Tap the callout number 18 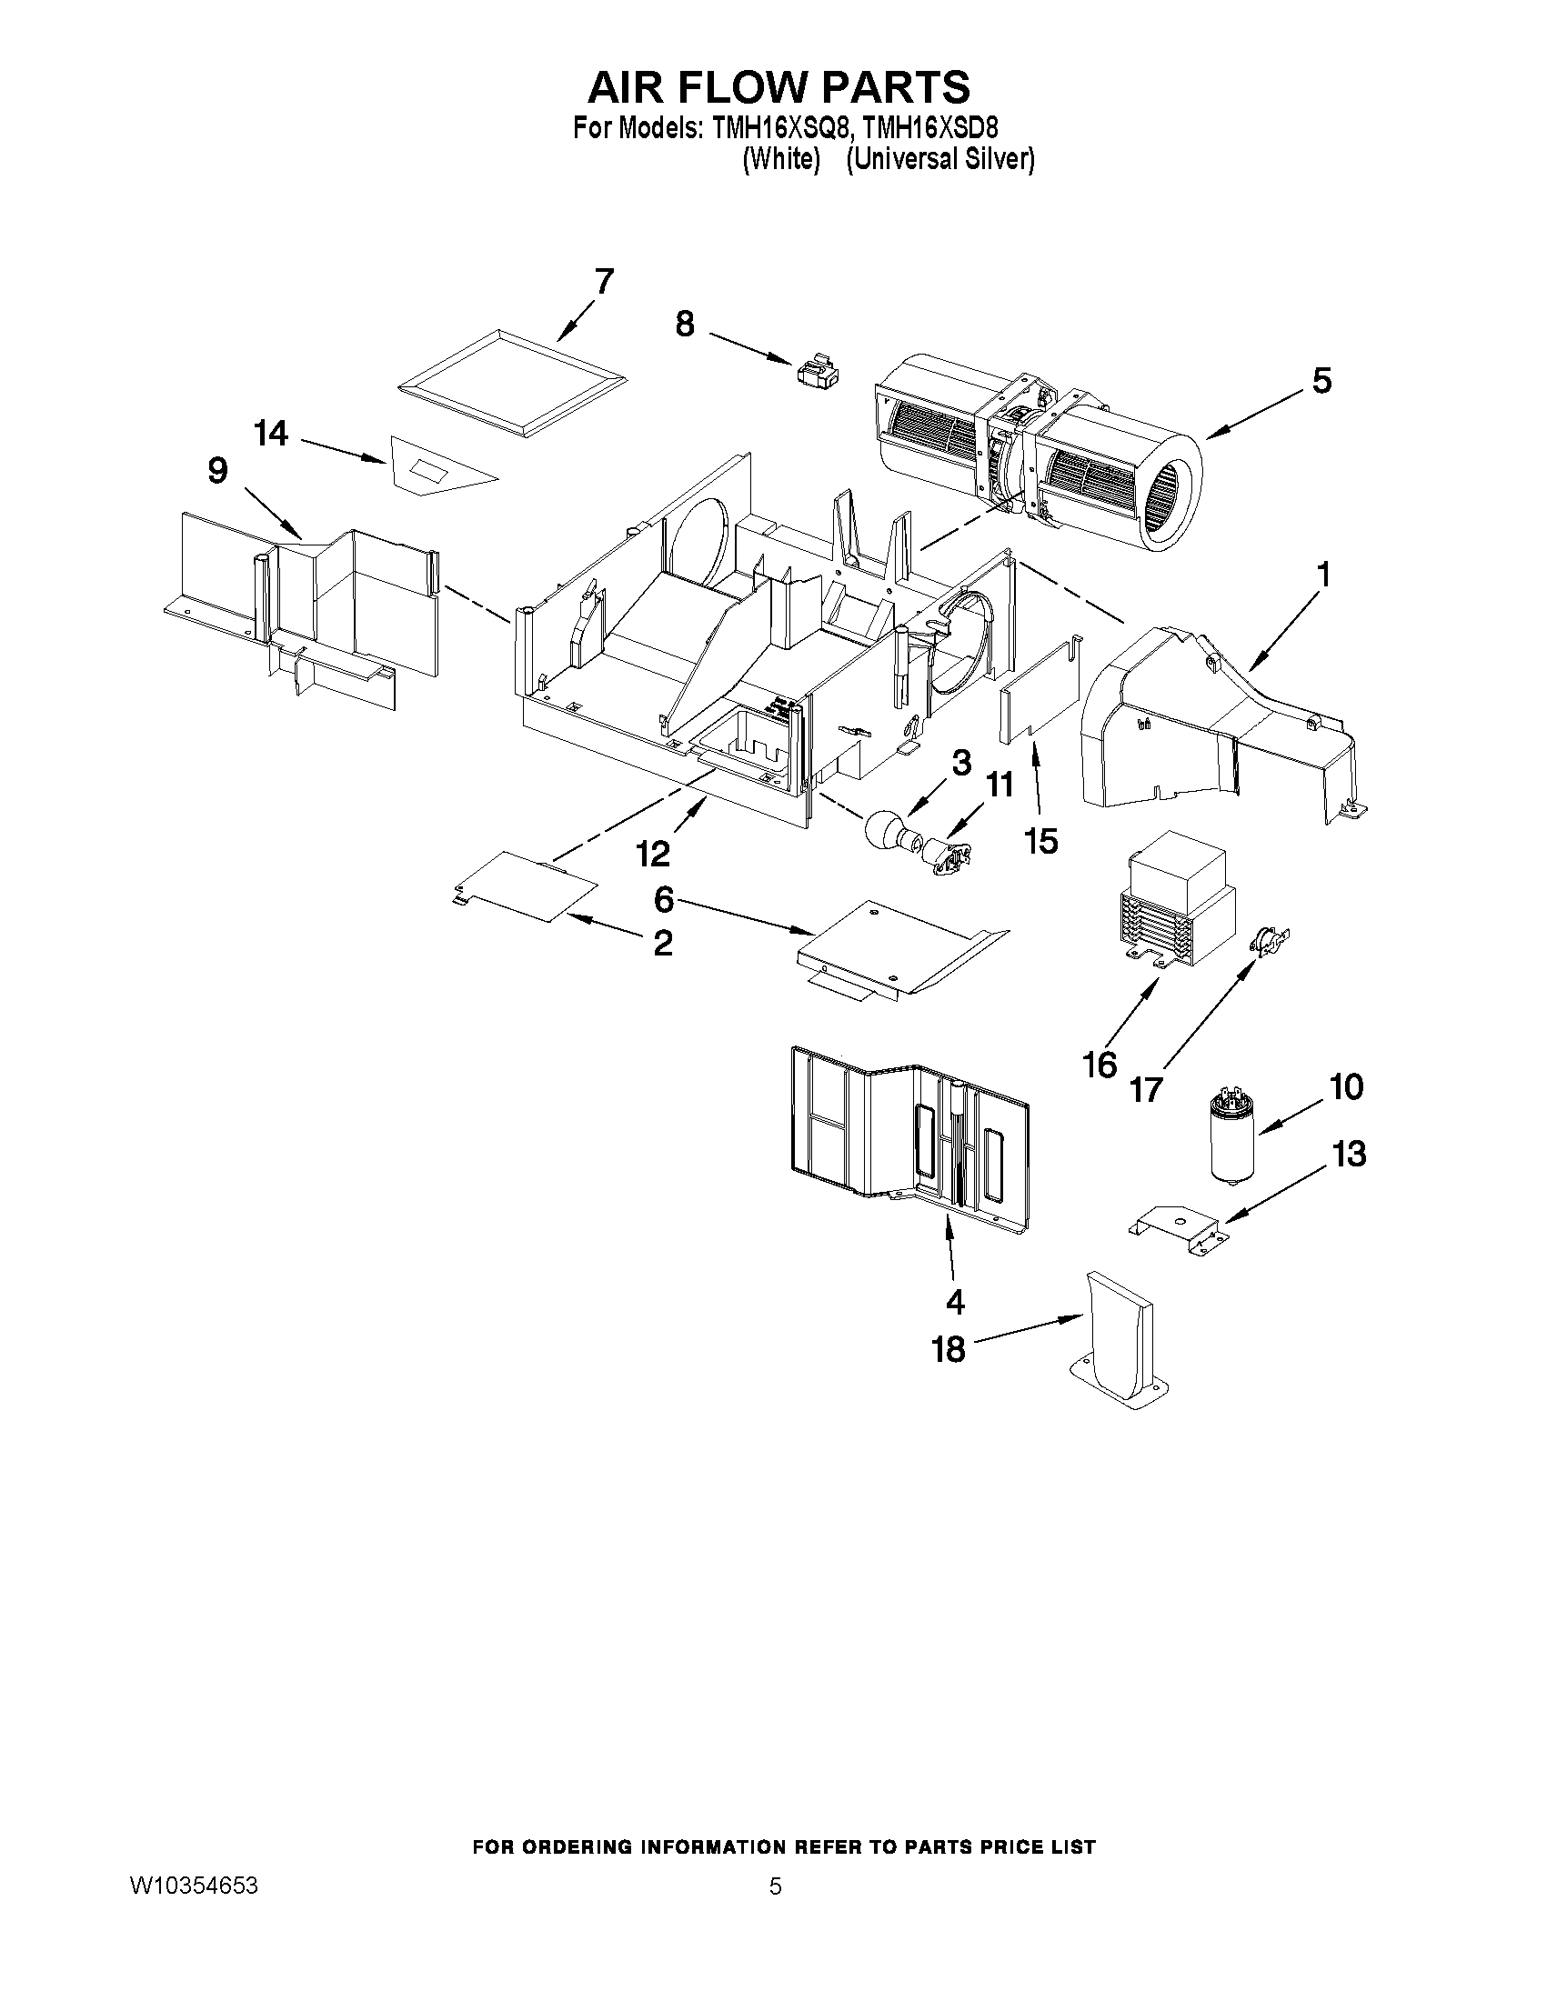[949, 1348]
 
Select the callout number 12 [653, 853]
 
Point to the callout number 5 [1321, 380]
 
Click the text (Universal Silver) [940, 159]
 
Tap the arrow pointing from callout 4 [950, 1246]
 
